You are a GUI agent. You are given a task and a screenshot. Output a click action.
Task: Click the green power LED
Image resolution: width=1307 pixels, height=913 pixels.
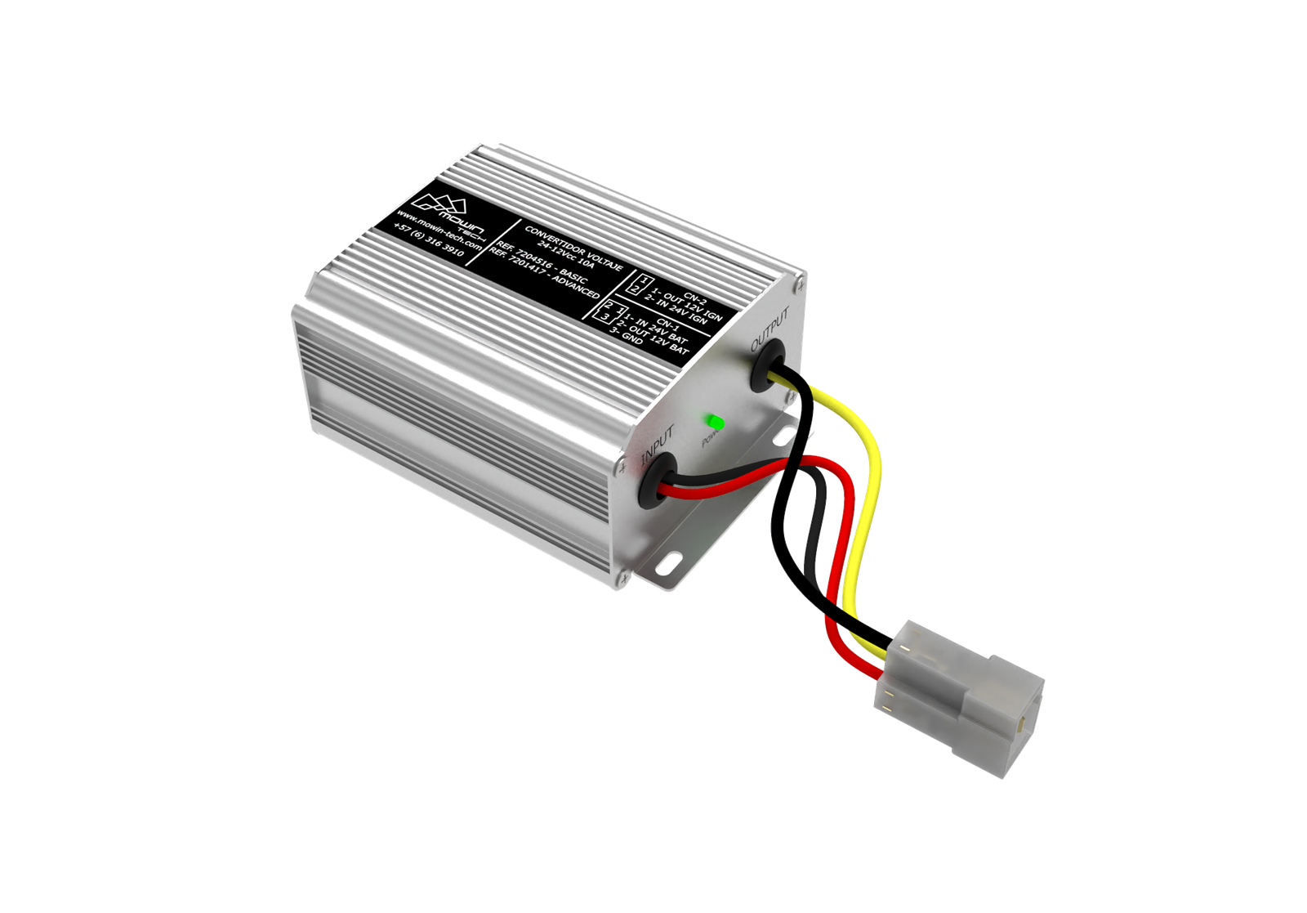716,423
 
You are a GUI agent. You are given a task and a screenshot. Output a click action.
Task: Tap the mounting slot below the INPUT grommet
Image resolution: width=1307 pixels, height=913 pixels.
672,563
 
